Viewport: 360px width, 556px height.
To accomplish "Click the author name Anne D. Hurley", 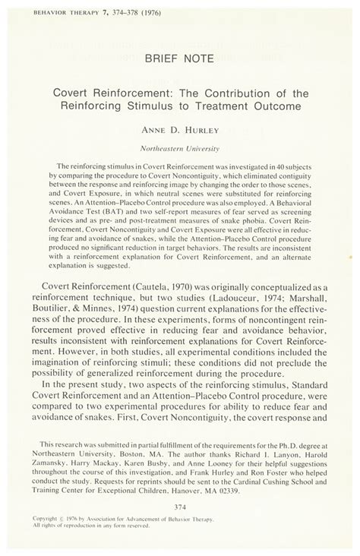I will tap(179, 131).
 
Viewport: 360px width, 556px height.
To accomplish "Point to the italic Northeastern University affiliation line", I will tap(179, 149).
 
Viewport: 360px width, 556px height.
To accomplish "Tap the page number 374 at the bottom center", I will tap(180, 507).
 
